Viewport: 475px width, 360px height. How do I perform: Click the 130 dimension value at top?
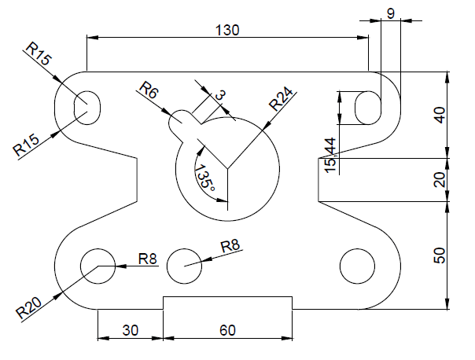tap(226, 29)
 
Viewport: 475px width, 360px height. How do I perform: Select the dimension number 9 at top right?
tap(391, 13)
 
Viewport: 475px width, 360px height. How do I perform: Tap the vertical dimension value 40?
tap(440, 115)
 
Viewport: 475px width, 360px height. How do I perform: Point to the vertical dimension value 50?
tap(440, 255)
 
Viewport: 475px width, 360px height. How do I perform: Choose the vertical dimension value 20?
tap(440, 179)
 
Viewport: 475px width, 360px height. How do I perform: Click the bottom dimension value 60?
tap(227, 331)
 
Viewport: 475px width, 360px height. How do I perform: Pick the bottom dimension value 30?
tap(130, 331)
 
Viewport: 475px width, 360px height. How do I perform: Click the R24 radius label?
tap(282, 101)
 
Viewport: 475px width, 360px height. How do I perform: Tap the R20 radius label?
tap(30, 306)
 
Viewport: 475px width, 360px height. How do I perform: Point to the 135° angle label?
tap(204, 178)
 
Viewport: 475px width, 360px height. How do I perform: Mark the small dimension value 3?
tap(219, 95)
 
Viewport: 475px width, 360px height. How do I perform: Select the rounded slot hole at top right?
tap(367, 107)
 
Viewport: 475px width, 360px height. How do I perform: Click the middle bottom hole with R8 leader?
tap(184, 265)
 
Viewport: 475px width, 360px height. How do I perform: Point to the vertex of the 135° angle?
tap(228, 167)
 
